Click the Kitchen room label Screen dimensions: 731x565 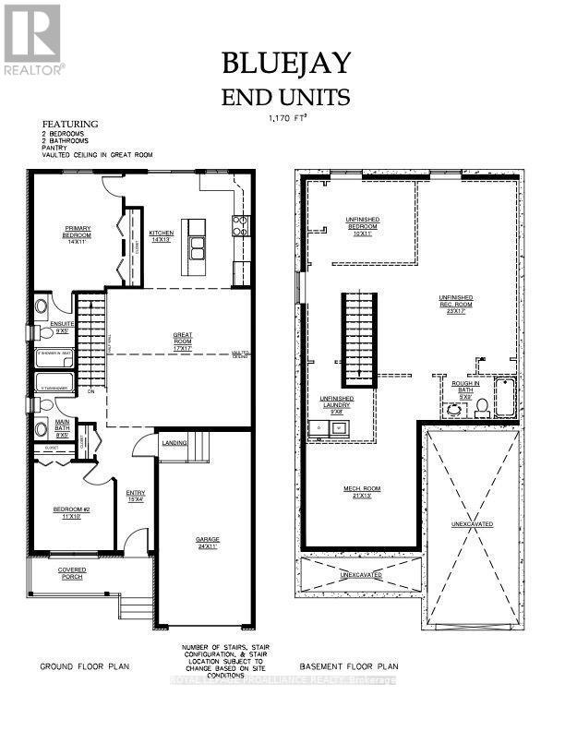point(162,235)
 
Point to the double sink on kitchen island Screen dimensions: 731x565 point(197,246)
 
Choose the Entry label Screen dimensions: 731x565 point(136,496)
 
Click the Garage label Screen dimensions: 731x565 point(206,542)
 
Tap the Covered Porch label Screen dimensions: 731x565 point(71,572)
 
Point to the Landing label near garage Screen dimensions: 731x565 point(175,443)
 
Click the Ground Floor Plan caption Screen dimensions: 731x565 point(85,665)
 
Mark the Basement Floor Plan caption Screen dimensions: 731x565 point(349,665)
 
